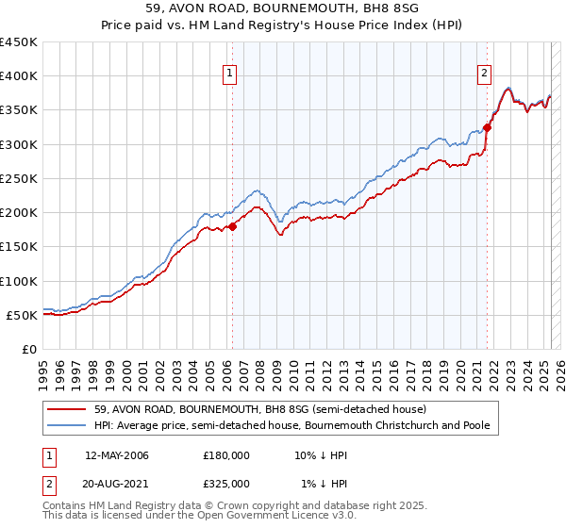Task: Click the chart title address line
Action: (x=282, y=9)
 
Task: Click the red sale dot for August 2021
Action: (x=488, y=127)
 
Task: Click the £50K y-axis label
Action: (x=23, y=316)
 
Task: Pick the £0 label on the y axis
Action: (x=30, y=350)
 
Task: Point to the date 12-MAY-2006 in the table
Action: (x=116, y=455)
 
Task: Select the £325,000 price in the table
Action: (x=226, y=483)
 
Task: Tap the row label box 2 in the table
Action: (x=45, y=483)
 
